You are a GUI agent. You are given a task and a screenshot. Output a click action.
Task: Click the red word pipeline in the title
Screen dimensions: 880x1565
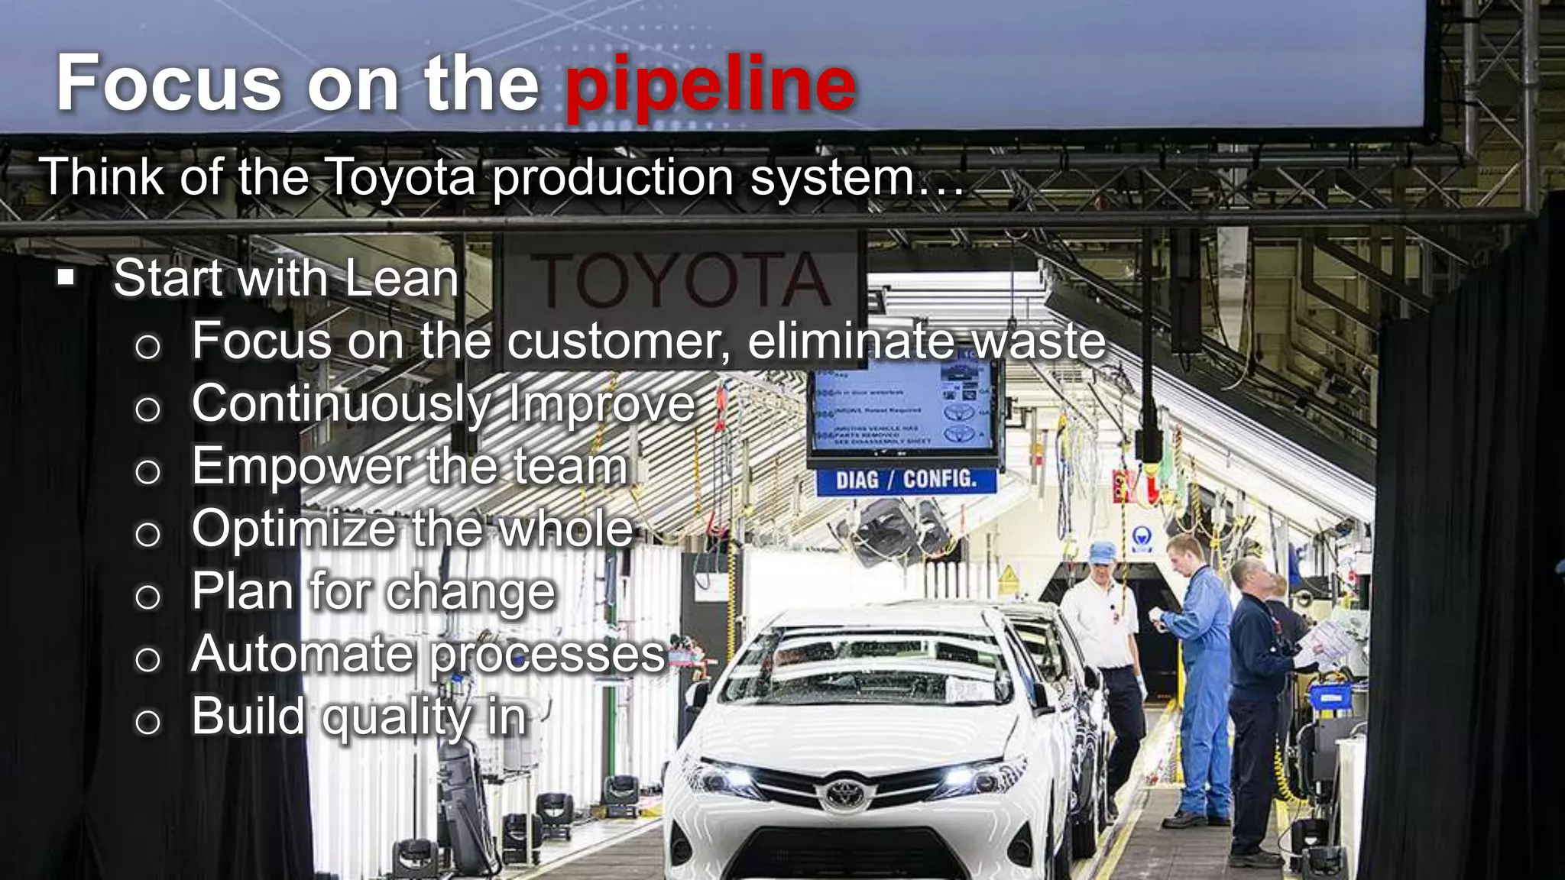[711, 86]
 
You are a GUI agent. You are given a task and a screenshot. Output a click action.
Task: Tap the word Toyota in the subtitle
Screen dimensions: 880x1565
[401, 177]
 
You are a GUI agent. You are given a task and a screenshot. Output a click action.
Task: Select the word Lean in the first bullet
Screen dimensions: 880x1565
[401, 278]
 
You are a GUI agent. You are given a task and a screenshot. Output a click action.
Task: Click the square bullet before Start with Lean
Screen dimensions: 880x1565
[66, 277]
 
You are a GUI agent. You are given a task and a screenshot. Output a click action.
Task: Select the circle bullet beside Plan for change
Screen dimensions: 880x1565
[147, 597]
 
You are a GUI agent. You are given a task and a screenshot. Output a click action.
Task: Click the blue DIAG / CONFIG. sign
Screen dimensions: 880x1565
[906, 480]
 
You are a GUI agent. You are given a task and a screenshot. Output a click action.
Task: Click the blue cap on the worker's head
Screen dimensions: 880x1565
[1102, 552]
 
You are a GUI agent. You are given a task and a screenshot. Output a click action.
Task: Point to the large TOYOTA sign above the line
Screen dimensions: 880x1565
[680, 280]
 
